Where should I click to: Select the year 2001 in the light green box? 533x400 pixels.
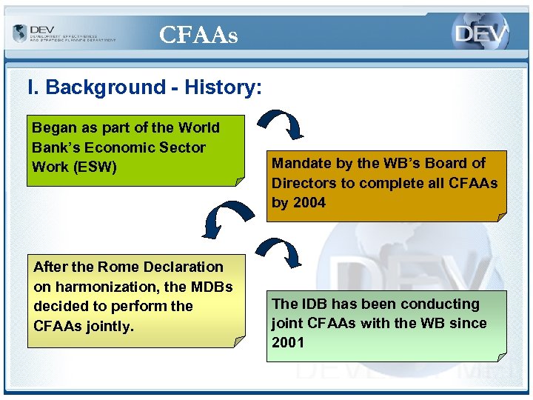[288, 342]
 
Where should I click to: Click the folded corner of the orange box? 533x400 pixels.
[500, 216]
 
